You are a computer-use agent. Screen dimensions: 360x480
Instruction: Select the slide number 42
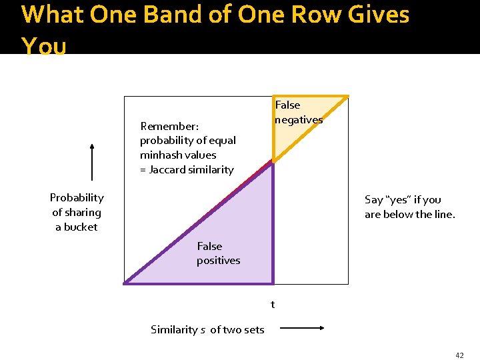click(x=459, y=355)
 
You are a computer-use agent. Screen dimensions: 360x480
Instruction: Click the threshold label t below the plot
click(x=272, y=305)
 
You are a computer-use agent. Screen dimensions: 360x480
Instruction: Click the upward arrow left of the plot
click(x=92, y=162)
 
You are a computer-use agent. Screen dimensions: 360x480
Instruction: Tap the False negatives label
click(x=298, y=112)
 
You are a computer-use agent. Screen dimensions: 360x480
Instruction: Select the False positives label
click(x=218, y=253)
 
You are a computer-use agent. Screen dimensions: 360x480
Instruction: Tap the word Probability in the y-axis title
click(x=77, y=197)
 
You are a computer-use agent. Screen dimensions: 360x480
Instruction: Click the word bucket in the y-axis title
click(x=81, y=227)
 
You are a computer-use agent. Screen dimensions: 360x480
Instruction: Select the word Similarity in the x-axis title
click(x=173, y=329)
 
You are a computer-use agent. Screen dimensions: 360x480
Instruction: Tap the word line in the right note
click(x=442, y=214)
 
